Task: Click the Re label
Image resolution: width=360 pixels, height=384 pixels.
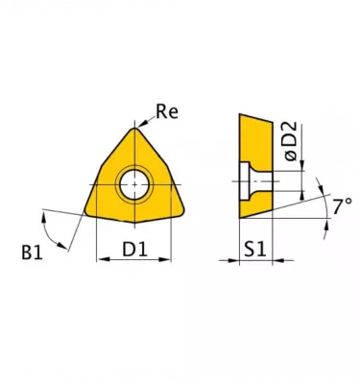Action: click(x=167, y=111)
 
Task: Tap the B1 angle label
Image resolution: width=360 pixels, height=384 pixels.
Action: click(x=32, y=252)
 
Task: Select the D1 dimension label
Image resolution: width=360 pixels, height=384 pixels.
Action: click(x=134, y=250)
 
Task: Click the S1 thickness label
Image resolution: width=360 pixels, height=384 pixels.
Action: click(x=255, y=250)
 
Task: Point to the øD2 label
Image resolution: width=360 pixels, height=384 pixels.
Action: click(x=290, y=141)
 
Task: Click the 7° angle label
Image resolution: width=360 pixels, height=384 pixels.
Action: click(x=343, y=206)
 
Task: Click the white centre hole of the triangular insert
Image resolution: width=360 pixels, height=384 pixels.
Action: click(x=134, y=184)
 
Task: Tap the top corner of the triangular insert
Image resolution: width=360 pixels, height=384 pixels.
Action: click(x=134, y=128)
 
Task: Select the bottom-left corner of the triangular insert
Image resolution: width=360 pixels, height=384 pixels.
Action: click(x=85, y=212)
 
